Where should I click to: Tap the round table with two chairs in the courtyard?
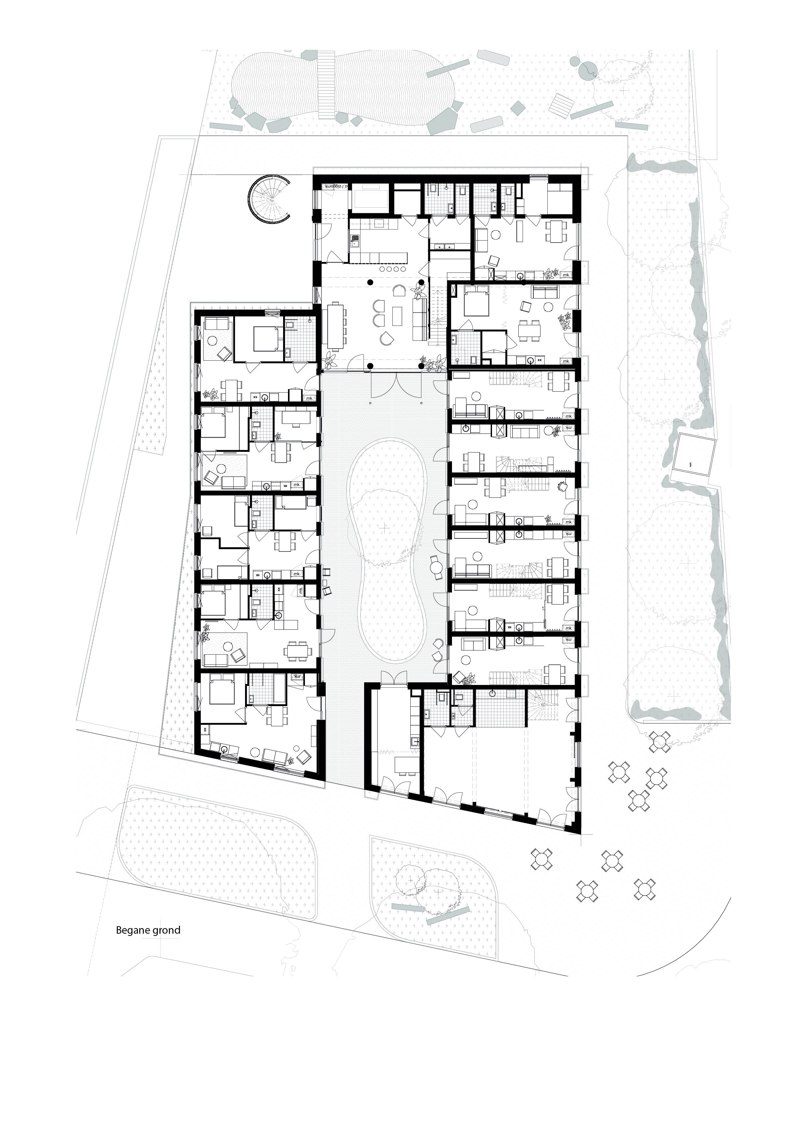(437, 567)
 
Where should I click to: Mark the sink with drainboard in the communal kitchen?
(355, 242)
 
